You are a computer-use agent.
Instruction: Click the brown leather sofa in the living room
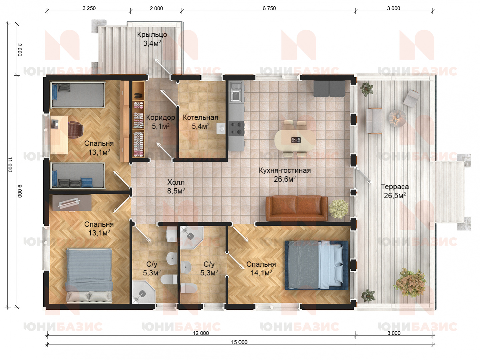pos(297,209)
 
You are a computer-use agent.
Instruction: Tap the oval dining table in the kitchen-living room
pos(295,140)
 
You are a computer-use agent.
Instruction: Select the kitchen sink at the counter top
pos(236,92)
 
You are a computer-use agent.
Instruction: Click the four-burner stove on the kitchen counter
pos(236,128)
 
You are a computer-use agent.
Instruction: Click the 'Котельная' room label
pos(200,118)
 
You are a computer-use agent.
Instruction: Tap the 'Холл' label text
pos(176,182)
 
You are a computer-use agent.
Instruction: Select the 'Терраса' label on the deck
pos(395,187)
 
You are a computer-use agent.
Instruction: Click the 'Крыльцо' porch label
pos(152,35)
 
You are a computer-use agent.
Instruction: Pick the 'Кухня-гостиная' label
pos(285,170)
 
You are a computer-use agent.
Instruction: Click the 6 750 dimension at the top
pos(269,8)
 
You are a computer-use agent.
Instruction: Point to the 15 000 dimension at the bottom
pos(239,342)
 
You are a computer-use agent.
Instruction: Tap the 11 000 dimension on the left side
pos(10,164)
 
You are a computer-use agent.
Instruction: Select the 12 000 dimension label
pos(201,333)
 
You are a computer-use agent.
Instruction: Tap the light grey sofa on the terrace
pos(374,121)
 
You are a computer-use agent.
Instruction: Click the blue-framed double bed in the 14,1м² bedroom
pos(317,265)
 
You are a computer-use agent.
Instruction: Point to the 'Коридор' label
pos(161,118)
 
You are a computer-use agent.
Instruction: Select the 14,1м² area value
pos(261,273)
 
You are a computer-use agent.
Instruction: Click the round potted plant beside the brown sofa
pos(339,209)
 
